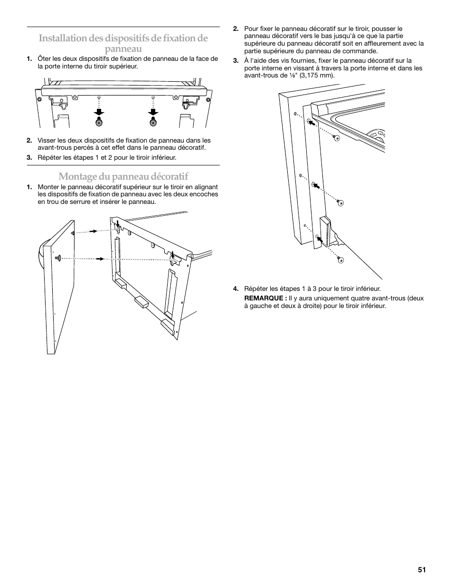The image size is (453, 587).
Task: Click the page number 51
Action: (x=422, y=570)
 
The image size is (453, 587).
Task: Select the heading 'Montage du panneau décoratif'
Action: (x=123, y=176)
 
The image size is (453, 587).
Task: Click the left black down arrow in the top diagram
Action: (x=99, y=112)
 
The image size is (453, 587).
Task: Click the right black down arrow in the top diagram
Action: (x=153, y=112)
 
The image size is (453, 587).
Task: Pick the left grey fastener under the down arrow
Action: (x=99, y=122)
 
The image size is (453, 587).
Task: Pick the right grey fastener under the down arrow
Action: (x=153, y=122)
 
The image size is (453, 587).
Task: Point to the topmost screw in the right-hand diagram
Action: (x=336, y=137)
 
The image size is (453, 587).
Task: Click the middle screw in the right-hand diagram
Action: (x=340, y=202)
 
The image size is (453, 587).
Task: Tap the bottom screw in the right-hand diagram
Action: (x=340, y=260)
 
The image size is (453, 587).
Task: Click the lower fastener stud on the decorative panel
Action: (x=58, y=258)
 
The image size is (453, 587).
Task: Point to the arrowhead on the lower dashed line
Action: (x=101, y=259)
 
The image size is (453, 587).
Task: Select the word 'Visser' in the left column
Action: (x=47, y=140)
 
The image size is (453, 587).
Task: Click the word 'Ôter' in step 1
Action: (x=43, y=59)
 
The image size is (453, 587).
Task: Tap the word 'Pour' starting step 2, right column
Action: (x=251, y=29)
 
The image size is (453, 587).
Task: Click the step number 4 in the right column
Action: (x=236, y=289)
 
